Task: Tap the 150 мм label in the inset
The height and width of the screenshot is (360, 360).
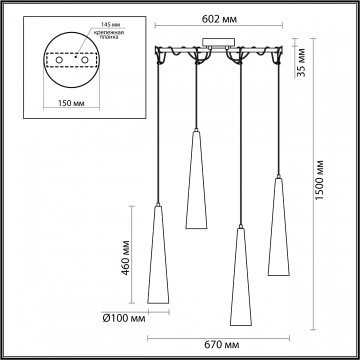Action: tap(70, 103)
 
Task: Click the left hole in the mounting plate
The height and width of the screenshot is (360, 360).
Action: tap(59, 60)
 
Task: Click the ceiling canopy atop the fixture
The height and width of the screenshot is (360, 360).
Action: tap(218, 42)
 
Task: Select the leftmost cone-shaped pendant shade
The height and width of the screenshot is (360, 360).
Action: tap(157, 255)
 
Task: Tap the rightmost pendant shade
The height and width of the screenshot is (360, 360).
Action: tap(278, 227)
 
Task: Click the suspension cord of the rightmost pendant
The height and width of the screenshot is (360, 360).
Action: tap(278, 120)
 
